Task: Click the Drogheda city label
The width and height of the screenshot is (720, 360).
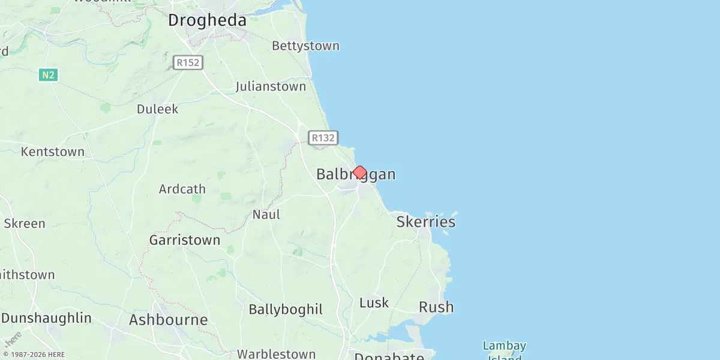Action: [207, 20]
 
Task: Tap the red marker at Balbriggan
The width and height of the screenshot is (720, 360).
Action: [359, 173]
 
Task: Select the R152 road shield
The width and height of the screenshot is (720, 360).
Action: [188, 62]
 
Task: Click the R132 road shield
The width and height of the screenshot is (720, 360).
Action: [323, 138]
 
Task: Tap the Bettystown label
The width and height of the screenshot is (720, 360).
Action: [305, 46]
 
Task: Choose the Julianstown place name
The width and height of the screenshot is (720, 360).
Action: [271, 86]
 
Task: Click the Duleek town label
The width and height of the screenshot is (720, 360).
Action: [157, 109]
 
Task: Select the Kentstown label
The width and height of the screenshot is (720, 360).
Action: [53, 152]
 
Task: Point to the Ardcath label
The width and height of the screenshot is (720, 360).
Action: [182, 189]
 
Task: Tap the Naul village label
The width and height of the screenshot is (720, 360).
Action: [266, 215]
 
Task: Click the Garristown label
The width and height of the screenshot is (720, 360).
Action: [184, 241]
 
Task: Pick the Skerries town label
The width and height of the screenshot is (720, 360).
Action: [425, 222]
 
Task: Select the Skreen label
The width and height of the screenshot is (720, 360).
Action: [24, 224]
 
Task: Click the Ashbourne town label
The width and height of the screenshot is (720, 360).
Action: [168, 320]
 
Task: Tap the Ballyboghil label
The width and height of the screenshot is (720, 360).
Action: [286, 310]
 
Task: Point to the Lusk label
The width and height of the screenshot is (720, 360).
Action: [374, 303]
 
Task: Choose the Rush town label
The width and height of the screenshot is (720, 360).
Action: [436, 307]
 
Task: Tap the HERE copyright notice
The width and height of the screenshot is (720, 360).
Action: [34, 355]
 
